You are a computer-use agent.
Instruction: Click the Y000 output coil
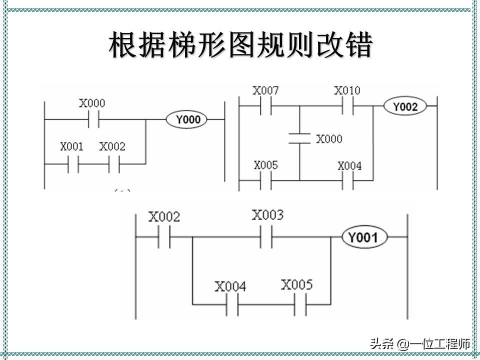(188, 119)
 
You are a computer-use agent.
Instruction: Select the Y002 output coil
(404, 106)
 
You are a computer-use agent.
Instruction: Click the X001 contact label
(72, 147)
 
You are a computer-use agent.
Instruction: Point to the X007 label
(265, 91)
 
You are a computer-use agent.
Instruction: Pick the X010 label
(346, 91)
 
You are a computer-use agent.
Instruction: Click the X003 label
(267, 215)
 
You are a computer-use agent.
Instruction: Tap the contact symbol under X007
(266, 106)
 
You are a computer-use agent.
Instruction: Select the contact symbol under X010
(347, 106)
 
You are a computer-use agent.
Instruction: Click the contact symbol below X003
(266, 237)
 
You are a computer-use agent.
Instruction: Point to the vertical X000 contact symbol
(300, 138)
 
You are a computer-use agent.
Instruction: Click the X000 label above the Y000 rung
(92, 103)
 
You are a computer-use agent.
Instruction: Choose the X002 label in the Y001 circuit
(164, 217)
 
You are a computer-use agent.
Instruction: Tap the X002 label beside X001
(112, 147)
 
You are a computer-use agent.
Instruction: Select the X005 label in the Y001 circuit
(296, 285)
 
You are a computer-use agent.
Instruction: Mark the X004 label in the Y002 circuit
(349, 165)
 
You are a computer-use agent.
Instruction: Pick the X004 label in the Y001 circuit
(230, 287)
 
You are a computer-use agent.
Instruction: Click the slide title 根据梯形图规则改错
(240, 46)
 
